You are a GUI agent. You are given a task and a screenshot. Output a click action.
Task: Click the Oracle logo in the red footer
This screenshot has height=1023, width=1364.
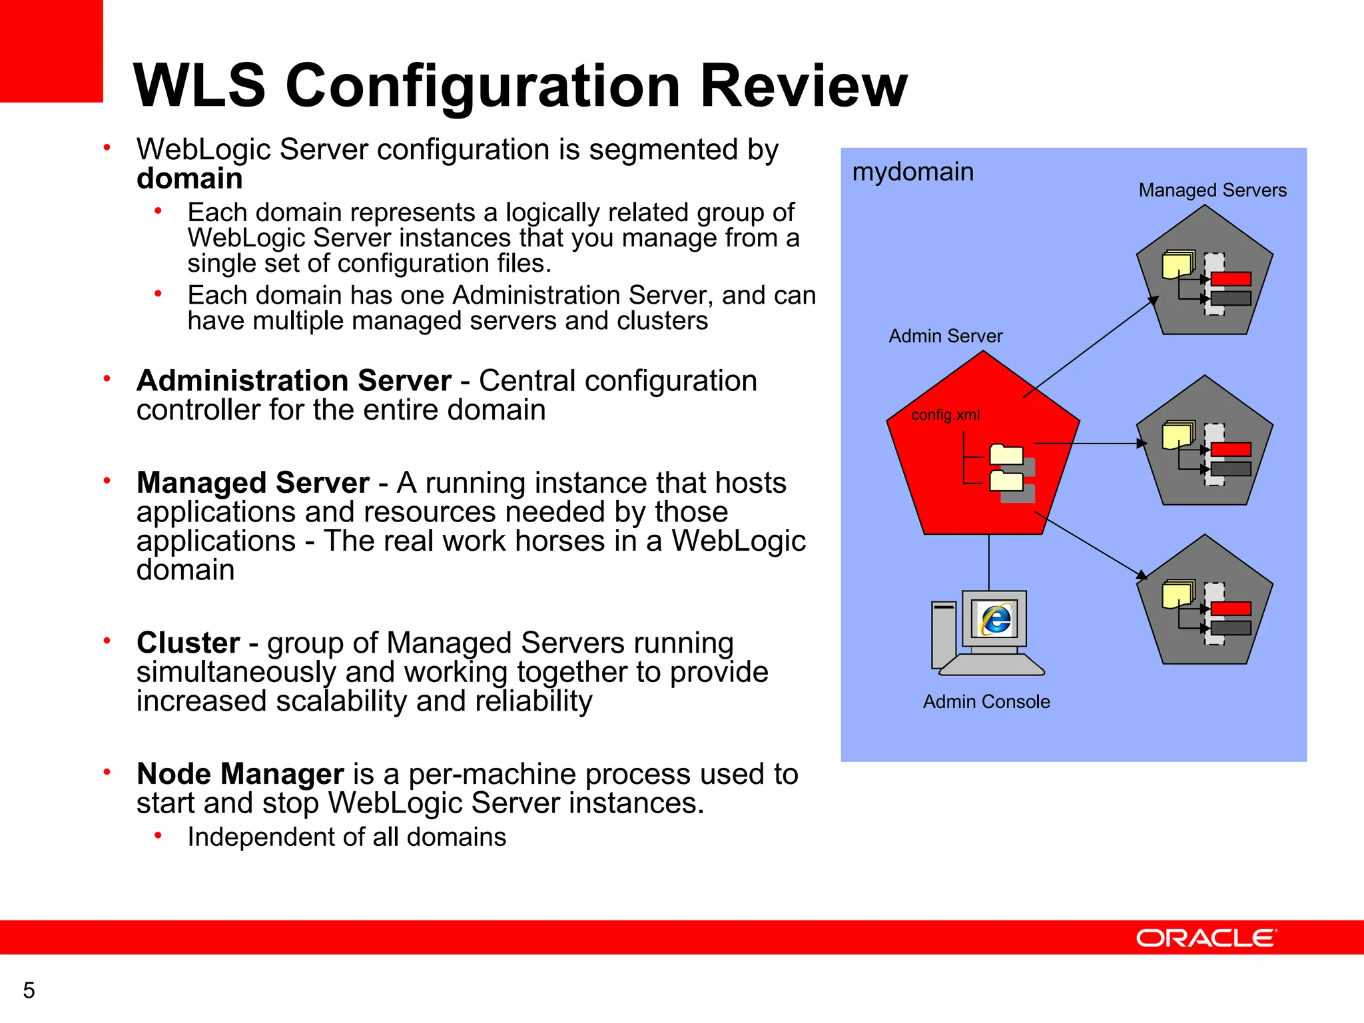click(1206, 938)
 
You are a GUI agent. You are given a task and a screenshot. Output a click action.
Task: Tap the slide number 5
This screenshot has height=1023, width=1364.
click(29, 990)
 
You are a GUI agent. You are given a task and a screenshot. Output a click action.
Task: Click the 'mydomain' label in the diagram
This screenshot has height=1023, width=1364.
click(912, 172)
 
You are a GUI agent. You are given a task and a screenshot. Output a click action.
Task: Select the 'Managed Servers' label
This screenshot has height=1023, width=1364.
click(1212, 190)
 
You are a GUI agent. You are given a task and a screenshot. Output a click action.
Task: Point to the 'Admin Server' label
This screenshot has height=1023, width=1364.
click(945, 336)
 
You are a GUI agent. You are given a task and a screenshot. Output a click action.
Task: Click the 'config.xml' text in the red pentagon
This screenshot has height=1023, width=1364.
click(945, 415)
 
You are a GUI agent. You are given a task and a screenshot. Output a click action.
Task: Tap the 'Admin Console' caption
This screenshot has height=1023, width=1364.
click(986, 702)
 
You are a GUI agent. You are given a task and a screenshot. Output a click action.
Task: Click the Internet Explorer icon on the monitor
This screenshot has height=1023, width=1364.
click(995, 619)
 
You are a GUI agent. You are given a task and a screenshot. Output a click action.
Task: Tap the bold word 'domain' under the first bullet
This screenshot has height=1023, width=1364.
click(189, 179)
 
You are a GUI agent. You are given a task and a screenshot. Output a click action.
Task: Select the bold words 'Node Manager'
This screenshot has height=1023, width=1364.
click(240, 774)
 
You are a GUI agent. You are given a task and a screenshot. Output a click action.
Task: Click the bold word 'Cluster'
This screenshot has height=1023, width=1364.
click(188, 643)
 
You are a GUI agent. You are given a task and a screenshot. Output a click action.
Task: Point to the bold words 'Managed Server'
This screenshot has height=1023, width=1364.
click(252, 483)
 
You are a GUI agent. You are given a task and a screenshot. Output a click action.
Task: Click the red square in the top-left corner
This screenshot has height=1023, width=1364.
click(51, 51)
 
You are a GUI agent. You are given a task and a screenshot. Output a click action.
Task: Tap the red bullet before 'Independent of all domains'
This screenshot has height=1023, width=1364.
click(158, 836)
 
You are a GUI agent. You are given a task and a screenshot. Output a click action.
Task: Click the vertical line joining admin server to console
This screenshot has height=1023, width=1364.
click(988, 562)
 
